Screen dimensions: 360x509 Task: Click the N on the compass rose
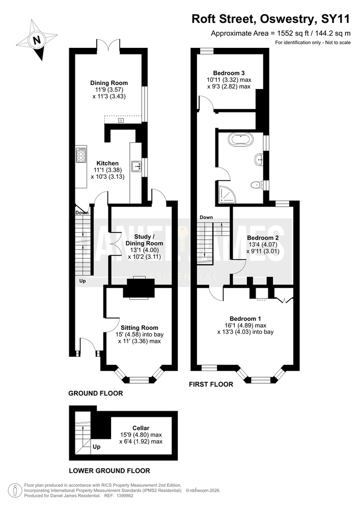point(37,40)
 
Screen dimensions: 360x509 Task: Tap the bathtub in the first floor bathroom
point(240,140)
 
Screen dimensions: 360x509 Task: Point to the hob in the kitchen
point(81,155)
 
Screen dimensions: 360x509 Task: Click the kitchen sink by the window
point(136,166)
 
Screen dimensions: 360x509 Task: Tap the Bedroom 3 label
point(229,73)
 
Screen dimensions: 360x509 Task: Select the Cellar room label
point(141,428)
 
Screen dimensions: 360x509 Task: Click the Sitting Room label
point(140,328)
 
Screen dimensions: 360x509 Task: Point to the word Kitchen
point(108,163)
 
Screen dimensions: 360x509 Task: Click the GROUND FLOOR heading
point(95,393)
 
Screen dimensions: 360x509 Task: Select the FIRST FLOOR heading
point(211,384)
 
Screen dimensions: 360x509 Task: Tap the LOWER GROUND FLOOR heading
point(109,471)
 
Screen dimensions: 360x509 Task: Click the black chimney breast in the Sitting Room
point(139,288)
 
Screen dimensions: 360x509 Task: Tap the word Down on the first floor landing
point(206,217)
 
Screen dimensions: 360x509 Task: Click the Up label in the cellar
point(96,447)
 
